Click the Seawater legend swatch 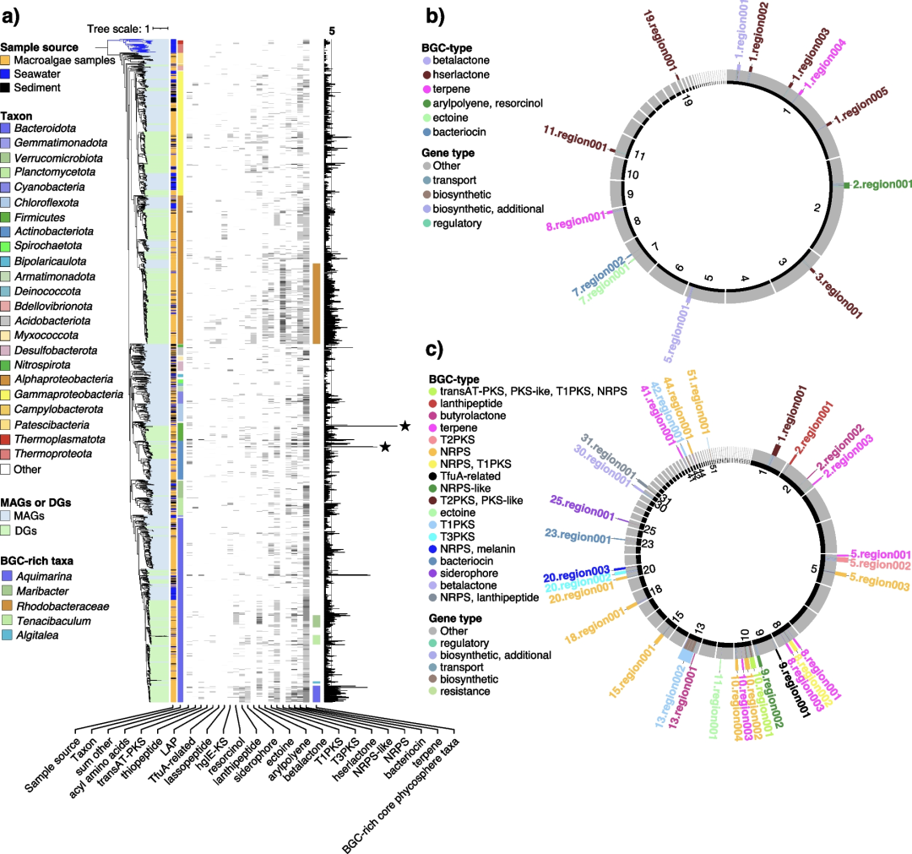(x=6, y=73)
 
